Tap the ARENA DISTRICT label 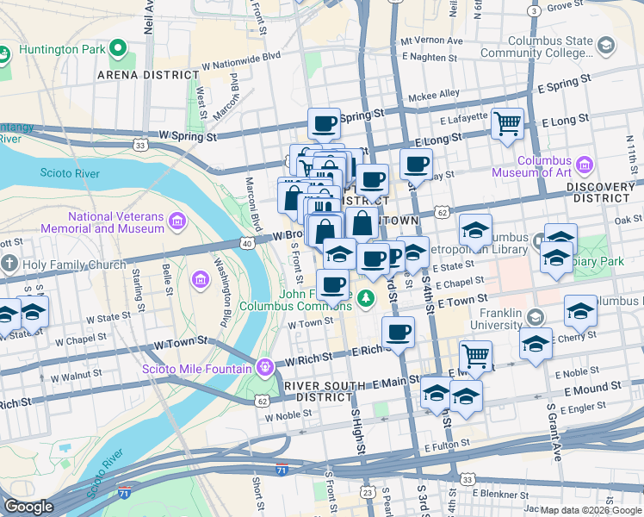point(148,75)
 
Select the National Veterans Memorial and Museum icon point(178,222)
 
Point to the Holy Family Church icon point(9,264)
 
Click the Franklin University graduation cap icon point(535,321)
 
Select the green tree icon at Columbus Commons point(367,299)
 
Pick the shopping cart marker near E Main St point(475,353)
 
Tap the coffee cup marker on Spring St point(324,123)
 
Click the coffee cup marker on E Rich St point(398,332)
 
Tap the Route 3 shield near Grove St point(535,10)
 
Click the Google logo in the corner point(28,507)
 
